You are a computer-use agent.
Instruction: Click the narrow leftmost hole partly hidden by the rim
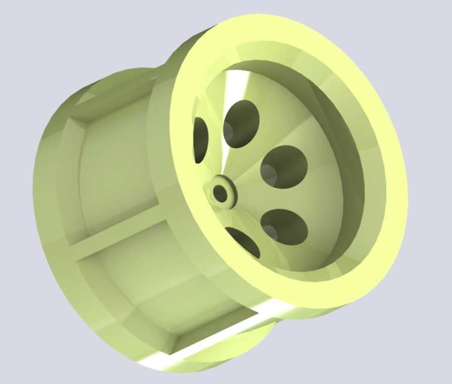point(200,139)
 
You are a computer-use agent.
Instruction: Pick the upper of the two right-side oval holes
point(285,166)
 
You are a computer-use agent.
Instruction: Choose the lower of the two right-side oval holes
point(284,226)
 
